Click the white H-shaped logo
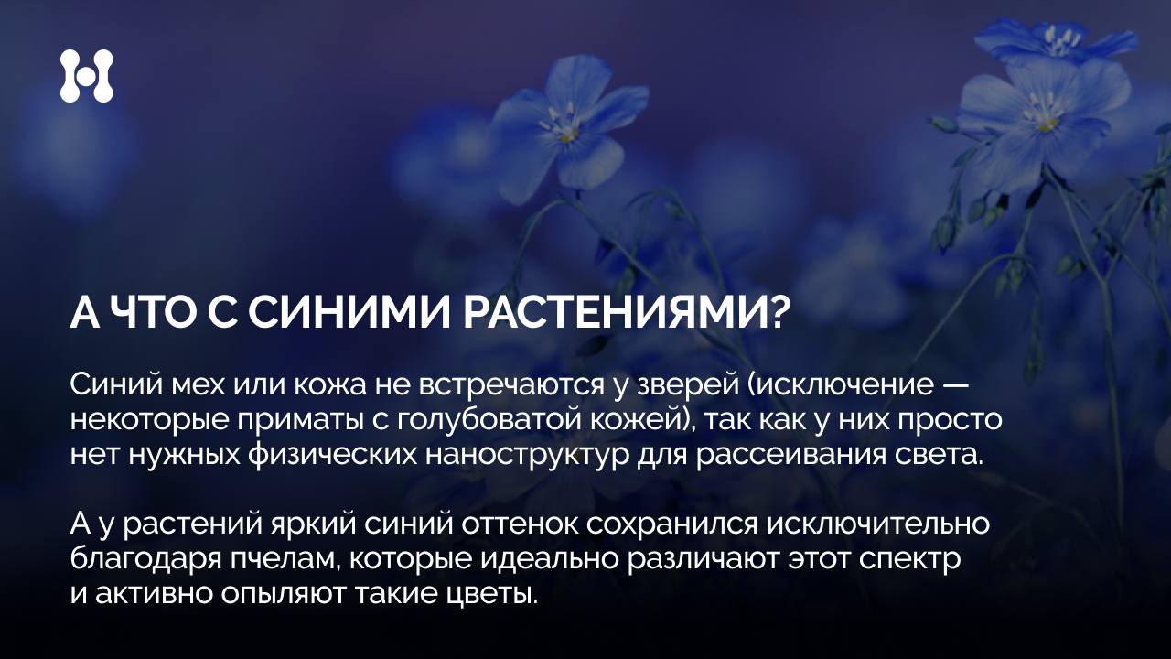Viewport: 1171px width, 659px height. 86,76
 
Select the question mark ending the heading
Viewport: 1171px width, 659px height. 770,313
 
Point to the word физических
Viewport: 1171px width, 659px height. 332,455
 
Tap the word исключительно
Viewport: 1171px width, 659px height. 878,524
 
